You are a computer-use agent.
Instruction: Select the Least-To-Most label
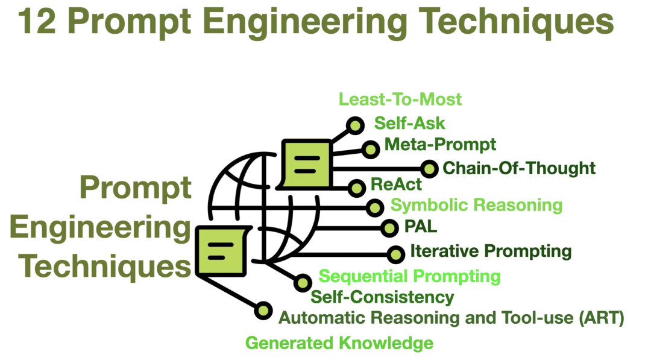(x=400, y=99)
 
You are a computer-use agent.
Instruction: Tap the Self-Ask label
(x=409, y=124)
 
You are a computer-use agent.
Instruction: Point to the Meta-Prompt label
(x=440, y=145)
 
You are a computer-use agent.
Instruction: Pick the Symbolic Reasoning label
(x=476, y=205)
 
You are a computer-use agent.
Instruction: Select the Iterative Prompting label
(x=491, y=250)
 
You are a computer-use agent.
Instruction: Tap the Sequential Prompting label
(x=409, y=276)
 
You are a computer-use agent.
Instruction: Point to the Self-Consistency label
(x=382, y=297)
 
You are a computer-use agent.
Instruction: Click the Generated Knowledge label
(x=339, y=343)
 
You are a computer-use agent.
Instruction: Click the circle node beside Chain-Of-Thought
(x=429, y=169)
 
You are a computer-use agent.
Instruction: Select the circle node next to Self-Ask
(x=356, y=125)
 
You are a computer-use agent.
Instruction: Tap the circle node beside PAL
(x=390, y=227)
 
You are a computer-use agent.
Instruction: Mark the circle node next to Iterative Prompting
(x=396, y=254)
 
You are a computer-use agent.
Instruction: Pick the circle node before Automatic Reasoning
(x=263, y=311)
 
